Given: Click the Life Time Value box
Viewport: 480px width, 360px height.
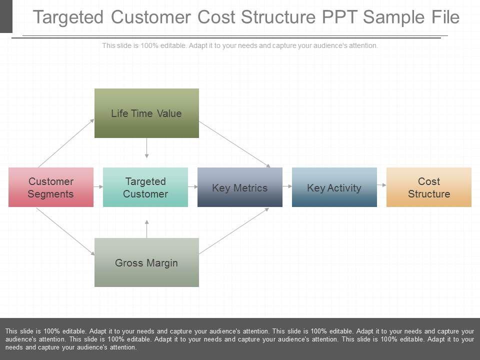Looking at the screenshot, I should point(146,113).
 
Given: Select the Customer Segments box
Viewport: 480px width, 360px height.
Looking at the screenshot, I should point(50,187).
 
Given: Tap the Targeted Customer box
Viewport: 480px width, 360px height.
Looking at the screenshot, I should point(145,187).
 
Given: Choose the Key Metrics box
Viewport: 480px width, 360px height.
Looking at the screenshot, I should point(240,187).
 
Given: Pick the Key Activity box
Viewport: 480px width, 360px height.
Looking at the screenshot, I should point(334,187).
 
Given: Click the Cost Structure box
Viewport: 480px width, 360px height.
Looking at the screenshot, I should point(429,187).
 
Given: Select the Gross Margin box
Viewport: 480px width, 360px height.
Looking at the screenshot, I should point(146,262).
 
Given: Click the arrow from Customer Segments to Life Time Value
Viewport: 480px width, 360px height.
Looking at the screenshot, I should point(66,142).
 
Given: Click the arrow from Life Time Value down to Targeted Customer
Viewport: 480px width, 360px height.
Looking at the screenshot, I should point(146,148).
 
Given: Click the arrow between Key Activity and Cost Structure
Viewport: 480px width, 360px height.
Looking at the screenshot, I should point(382,185).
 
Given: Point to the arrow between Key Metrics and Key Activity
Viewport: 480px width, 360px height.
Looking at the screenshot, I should point(287,186).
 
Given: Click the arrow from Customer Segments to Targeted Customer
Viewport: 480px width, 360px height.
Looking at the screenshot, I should point(98,186).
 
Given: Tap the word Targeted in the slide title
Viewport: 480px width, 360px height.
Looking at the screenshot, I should point(68,17).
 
